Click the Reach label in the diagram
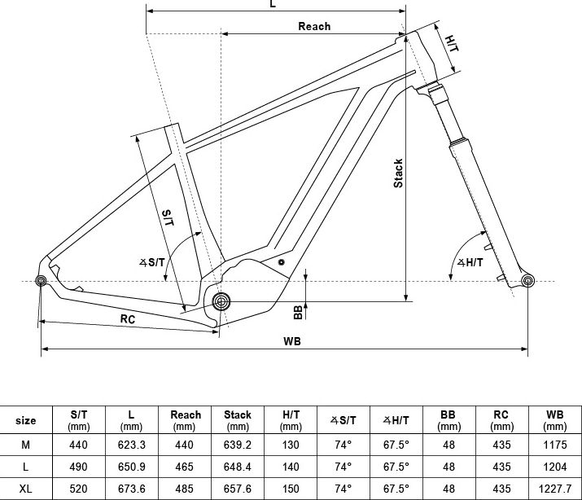(x=314, y=26)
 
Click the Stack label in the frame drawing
(x=398, y=173)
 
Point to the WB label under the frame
(x=292, y=341)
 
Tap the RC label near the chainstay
(x=128, y=319)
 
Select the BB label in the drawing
(x=299, y=312)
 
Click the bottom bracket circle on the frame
(x=221, y=301)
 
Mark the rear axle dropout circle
(x=41, y=281)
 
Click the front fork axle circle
(x=527, y=281)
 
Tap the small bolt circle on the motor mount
(x=282, y=262)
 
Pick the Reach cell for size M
(x=185, y=445)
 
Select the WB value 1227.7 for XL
(x=555, y=489)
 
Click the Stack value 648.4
(x=237, y=467)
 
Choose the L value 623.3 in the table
(x=131, y=445)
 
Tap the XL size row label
(x=25, y=489)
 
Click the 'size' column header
(x=25, y=420)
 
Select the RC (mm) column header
(x=501, y=420)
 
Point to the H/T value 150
(x=291, y=489)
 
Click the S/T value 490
(x=78, y=467)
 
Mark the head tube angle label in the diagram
(x=470, y=263)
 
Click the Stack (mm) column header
(x=238, y=420)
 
